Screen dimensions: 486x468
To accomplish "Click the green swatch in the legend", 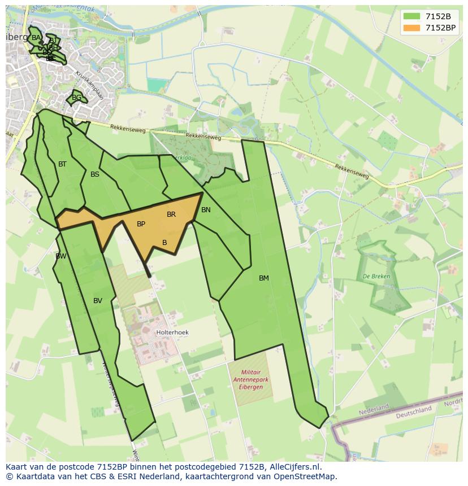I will tap(412, 16).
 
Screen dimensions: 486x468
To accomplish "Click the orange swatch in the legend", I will tap(412, 28).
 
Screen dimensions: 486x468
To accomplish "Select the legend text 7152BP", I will tap(440, 28).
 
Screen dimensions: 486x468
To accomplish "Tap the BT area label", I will tap(62, 164).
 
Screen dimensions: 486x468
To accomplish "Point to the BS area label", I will tap(95, 174).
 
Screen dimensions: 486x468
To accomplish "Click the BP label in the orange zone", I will tap(141, 224).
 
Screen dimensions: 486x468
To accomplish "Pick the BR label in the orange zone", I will tap(171, 214).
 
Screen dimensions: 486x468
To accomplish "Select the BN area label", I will tap(206, 210).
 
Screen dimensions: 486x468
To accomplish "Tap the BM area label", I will tap(264, 278).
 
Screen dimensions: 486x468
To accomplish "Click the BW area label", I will tap(61, 256).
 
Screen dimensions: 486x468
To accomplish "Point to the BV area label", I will tap(98, 301).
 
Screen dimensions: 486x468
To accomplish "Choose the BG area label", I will tap(76, 98).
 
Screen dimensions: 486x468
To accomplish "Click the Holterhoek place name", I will tap(172, 332).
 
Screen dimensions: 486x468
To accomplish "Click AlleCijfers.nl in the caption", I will tap(293, 467).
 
